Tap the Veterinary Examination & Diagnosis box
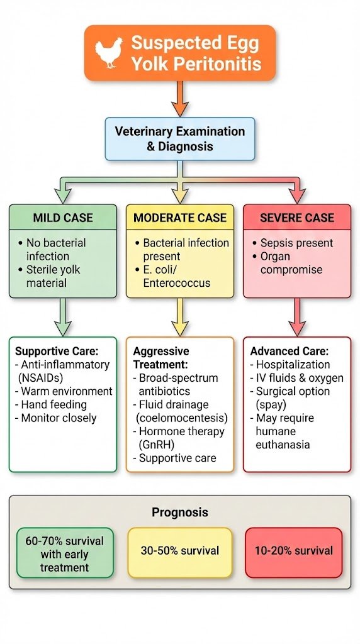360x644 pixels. click(x=179, y=139)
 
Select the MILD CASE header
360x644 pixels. click(x=63, y=218)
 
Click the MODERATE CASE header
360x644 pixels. click(x=179, y=218)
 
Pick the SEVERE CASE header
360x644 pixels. click(x=297, y=218)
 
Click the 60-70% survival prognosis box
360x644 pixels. click(x=64, y=553)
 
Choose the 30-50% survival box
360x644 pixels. click(x=180, y=551)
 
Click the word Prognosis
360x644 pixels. click(x=179, y=513)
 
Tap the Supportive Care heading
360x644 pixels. click(x=57, y=352)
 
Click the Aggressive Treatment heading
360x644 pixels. click(x=161, y=358)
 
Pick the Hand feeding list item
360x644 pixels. click(x=53, y=404)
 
